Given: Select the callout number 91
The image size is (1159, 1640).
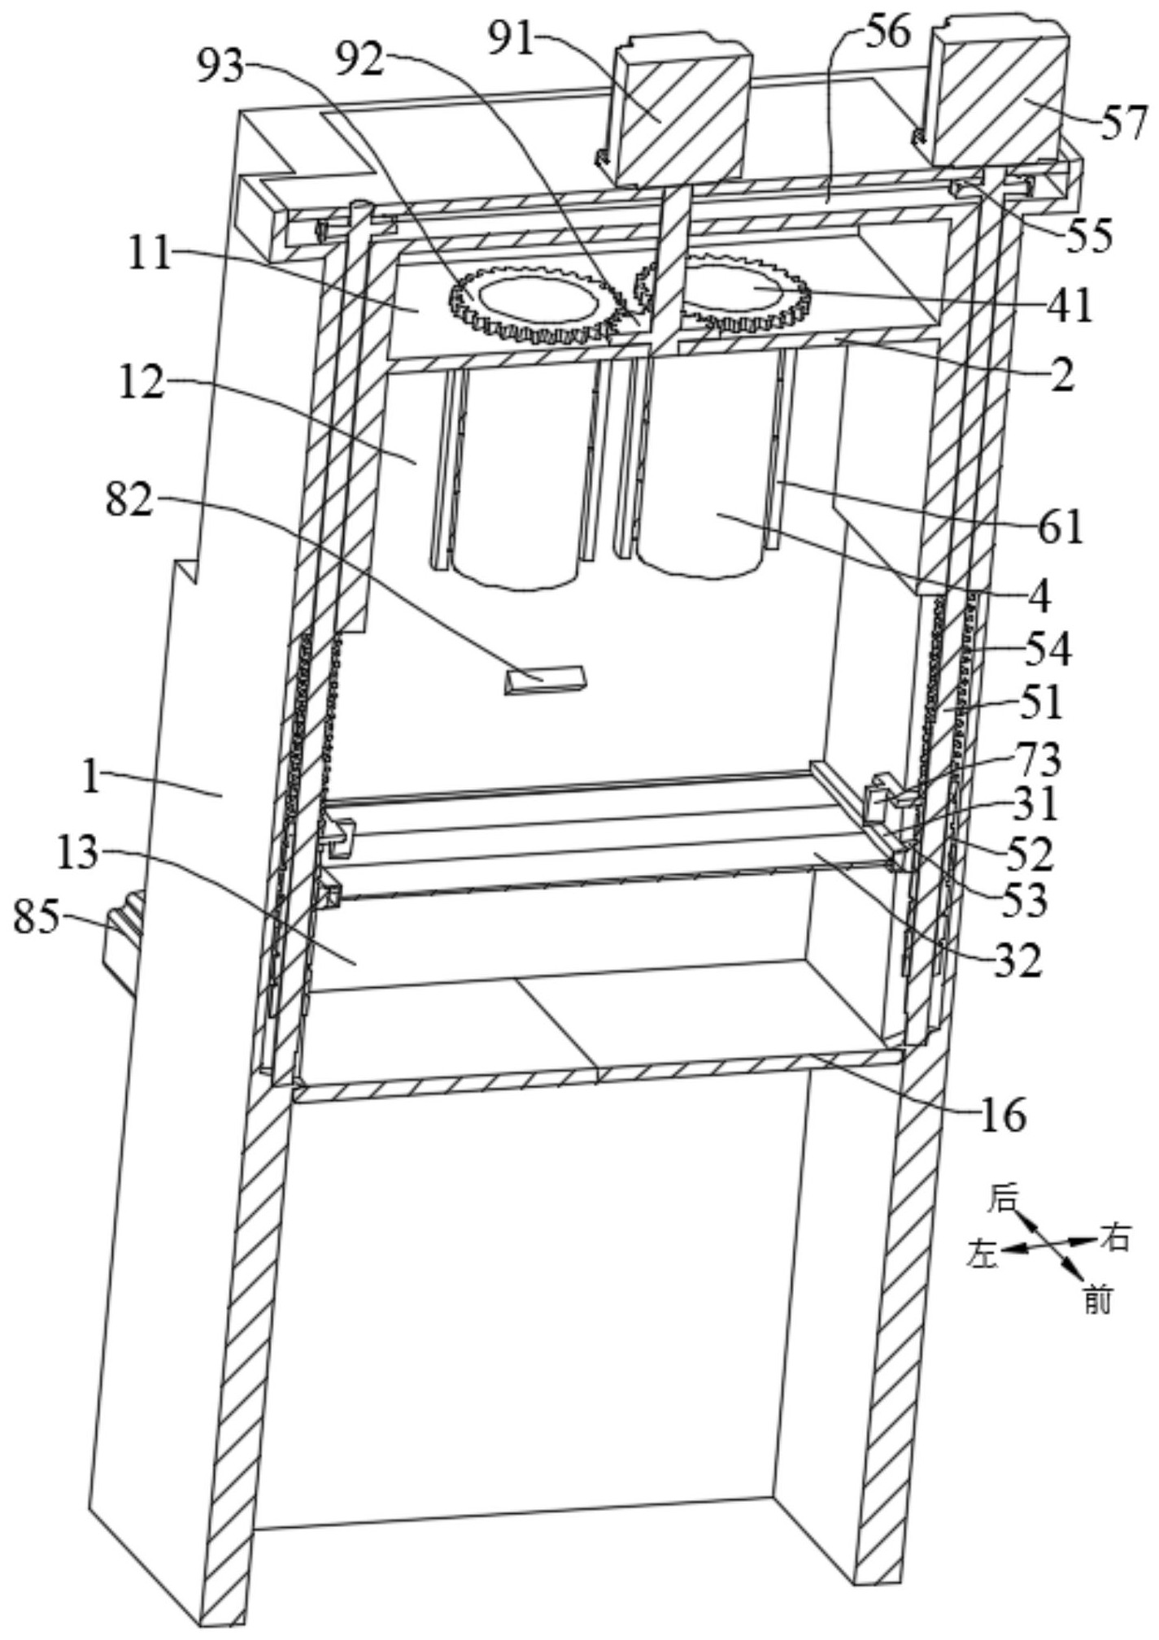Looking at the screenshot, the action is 512,38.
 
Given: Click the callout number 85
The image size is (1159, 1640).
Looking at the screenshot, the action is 37,918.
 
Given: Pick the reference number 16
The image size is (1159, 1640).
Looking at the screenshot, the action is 1004,1116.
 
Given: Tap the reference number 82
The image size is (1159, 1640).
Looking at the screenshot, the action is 129,501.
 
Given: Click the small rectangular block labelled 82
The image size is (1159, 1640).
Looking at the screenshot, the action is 544,679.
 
